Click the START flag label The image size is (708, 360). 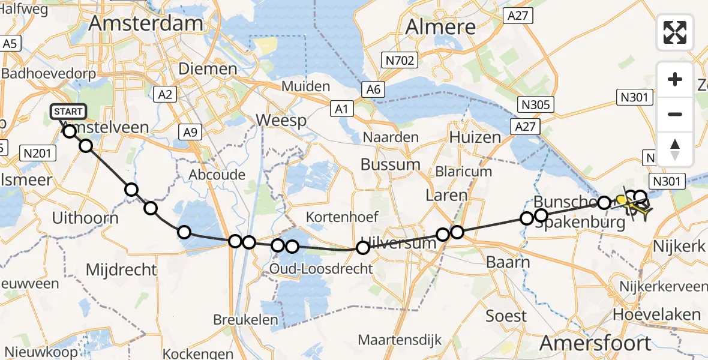(69, 112)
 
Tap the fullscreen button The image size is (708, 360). (675, 32)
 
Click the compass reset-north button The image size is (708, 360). (675, 149)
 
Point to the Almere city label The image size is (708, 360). (440, 26)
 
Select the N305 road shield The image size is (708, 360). (536, 105)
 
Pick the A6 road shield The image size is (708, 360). (374, 89)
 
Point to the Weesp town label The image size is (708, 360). (281, 120)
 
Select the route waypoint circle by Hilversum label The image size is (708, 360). (362, 248)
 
